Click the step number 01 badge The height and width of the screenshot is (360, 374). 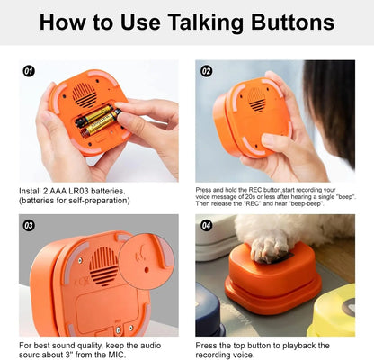(29, 70)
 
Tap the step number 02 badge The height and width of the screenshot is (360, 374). (207, 70)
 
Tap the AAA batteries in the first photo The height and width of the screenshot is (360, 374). (97, 119)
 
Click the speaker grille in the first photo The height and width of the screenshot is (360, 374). (85, 92)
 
